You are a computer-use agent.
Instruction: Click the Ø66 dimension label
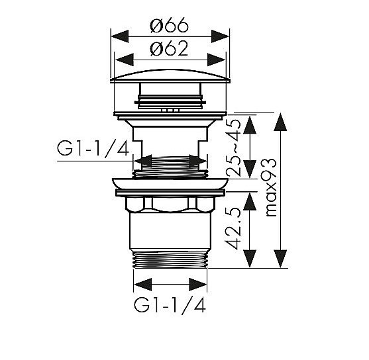point(169,25)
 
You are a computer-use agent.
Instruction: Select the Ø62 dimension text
point(169,49)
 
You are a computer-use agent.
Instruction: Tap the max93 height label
point(270,187)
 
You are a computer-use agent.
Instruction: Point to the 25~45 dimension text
point(234,148)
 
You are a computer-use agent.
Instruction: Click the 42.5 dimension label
point(232,228)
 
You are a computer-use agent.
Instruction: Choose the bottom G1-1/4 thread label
point(170,305)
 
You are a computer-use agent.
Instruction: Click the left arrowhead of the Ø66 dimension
point(120,36)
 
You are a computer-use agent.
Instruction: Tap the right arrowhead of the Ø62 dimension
point(217,60)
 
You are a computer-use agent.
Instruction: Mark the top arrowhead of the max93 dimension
point(280,122)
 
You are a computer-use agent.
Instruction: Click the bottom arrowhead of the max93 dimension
point(280,259)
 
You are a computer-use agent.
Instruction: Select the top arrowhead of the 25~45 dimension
point(250,125)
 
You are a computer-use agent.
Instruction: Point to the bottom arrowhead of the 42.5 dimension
point(250,259)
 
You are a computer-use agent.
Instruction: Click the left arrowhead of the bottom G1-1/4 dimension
point(143,285)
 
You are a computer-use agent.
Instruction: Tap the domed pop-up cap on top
point(170,76)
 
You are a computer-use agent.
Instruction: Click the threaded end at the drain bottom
point(170,260)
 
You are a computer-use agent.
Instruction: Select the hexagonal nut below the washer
point(170,204)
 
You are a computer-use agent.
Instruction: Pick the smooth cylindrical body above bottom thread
point(170,230)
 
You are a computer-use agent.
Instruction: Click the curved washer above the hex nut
point(170,183)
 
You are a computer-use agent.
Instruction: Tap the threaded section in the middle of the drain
point(170,167)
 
